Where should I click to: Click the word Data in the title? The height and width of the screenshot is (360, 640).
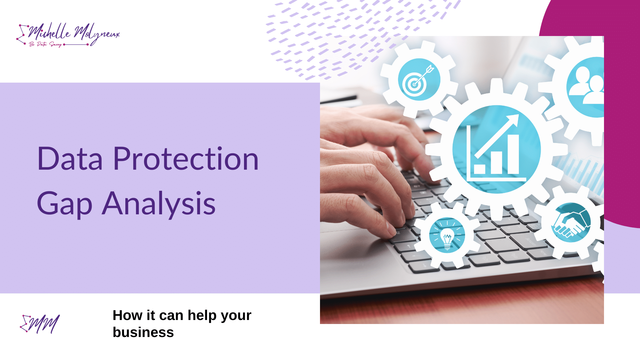pyautogui.click(x=70, y=159)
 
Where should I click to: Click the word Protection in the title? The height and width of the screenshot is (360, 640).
pyautogui.click(x=186, y=159)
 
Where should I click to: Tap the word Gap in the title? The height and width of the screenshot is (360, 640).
pyautogui.click(x=64, y=204)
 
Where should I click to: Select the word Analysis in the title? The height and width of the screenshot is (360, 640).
pyautogui.click(x=159, y=204)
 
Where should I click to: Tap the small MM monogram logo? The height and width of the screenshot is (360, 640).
pyautogui.click(x=40, y=324)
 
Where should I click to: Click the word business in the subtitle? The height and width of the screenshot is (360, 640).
pyautogui.click(x=143, y=332)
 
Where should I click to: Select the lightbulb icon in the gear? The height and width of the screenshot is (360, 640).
pyautogui.click(x=447, y=235)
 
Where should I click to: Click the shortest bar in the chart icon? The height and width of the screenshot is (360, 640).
pyautogui.click(x=480, y=169)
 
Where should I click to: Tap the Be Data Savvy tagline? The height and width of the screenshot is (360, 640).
pyautogui.click(x=45, y=44)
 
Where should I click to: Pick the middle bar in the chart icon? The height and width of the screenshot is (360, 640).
pyautogui.click(x=496, y=162)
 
